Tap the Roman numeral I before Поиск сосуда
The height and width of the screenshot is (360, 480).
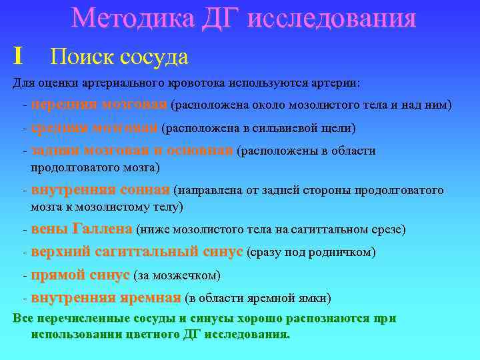pos(18,56)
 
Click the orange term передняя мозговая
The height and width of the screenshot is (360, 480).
pos(99,105)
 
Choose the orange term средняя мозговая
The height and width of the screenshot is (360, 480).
pos(95,127)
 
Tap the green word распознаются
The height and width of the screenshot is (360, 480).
pos(327,319)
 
